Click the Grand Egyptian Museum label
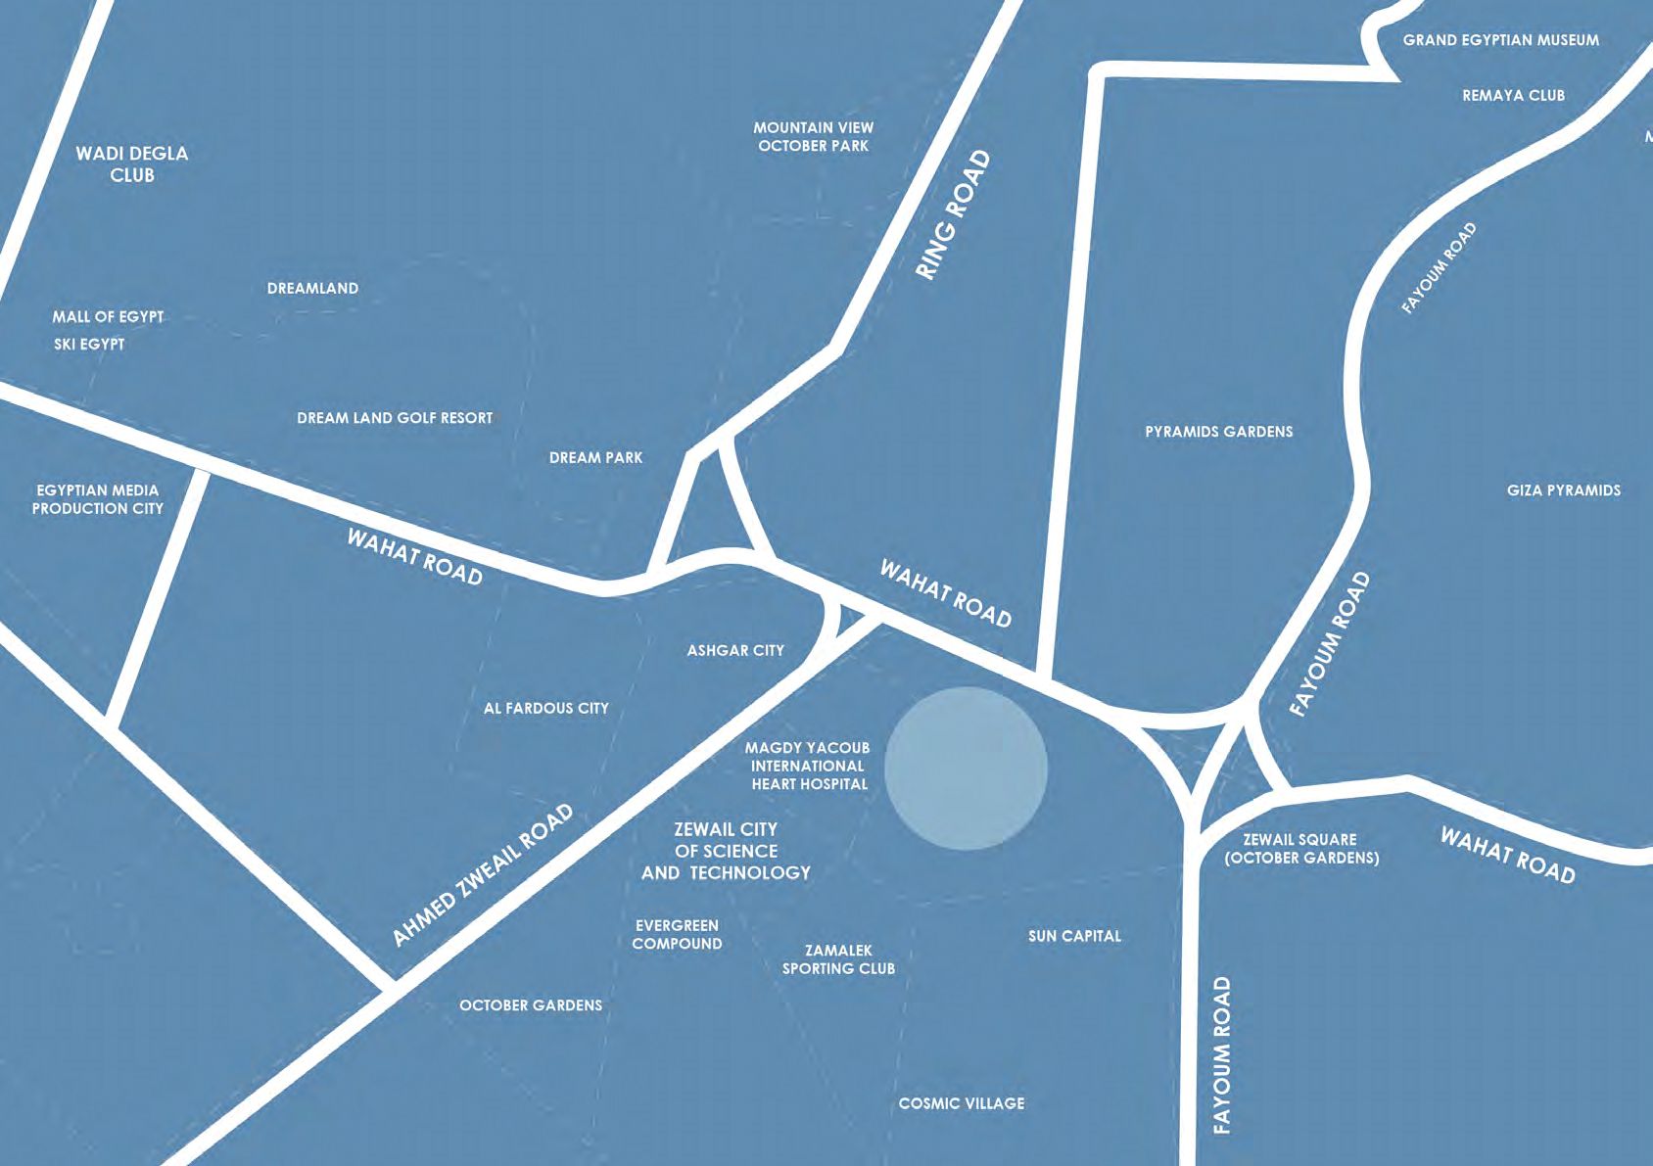coord(1500,40)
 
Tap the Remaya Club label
coord(1513,95)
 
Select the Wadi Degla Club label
coord(132,163)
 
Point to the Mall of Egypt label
coord(108,316)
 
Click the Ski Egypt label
coord(89,344)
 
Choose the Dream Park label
coord(595,457)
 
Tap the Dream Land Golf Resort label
coord(395,418)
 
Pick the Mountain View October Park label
coord(813,136)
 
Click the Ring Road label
coord(953,215)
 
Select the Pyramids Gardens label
coord(1218,431)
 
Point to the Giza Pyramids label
coord(1563,490)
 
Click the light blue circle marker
coord(966,768)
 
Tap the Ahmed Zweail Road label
coord(483,875)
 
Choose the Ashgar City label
coord(735,650)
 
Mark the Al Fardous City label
coord(545,708)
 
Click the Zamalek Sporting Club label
coord(838,959)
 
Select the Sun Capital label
coord(1074,936)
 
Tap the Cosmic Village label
coord(962,1103)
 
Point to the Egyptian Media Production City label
coord(98,499)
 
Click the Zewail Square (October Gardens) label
coord(1300,849)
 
